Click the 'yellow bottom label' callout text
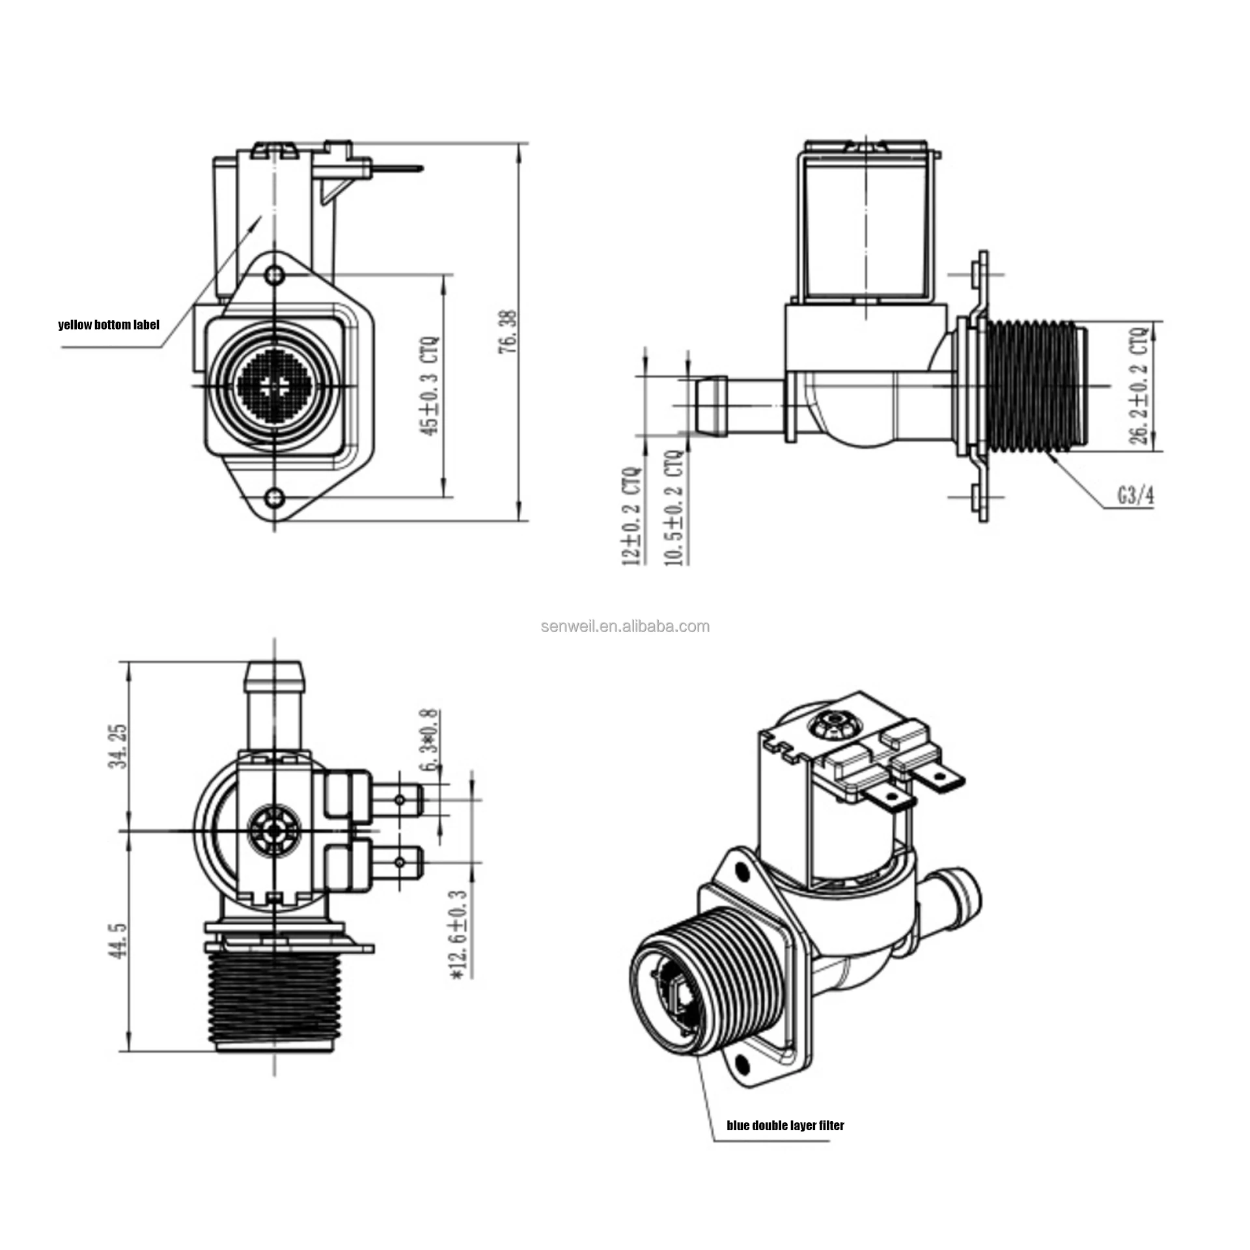[108, 324]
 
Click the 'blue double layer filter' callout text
[785, 1125]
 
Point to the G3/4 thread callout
[1135, 495]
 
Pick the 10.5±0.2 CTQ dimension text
[674, 508]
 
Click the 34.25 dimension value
[118, 746]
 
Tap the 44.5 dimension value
[118, 940]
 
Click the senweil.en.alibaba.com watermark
[625, 626]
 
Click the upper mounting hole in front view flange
[275, 274]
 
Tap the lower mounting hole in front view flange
[274, 498]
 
